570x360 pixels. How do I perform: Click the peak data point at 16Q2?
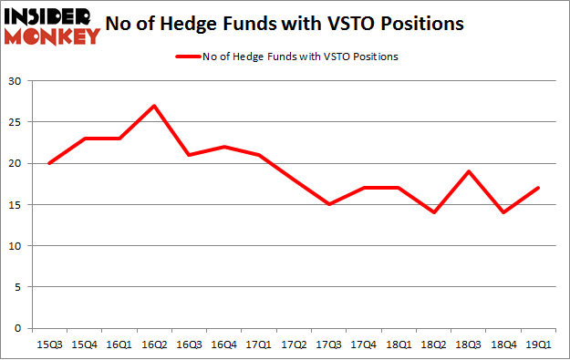[x=153, y=106]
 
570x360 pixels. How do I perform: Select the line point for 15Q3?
[x=49, y=163]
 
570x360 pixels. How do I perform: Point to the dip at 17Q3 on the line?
[x=327, y=204]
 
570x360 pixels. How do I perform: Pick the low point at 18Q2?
[x=431, y=212]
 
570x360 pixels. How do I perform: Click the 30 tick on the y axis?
[x=16, y=81]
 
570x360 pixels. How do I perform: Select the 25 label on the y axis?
[x=16, y=122]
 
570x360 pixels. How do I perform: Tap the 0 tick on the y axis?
[x=18, y=328]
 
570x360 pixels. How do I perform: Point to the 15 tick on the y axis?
[x=16, y=205]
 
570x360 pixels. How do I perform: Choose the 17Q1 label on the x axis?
[x=257, y=344]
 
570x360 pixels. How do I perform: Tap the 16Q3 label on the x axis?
[x=188, y=344]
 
